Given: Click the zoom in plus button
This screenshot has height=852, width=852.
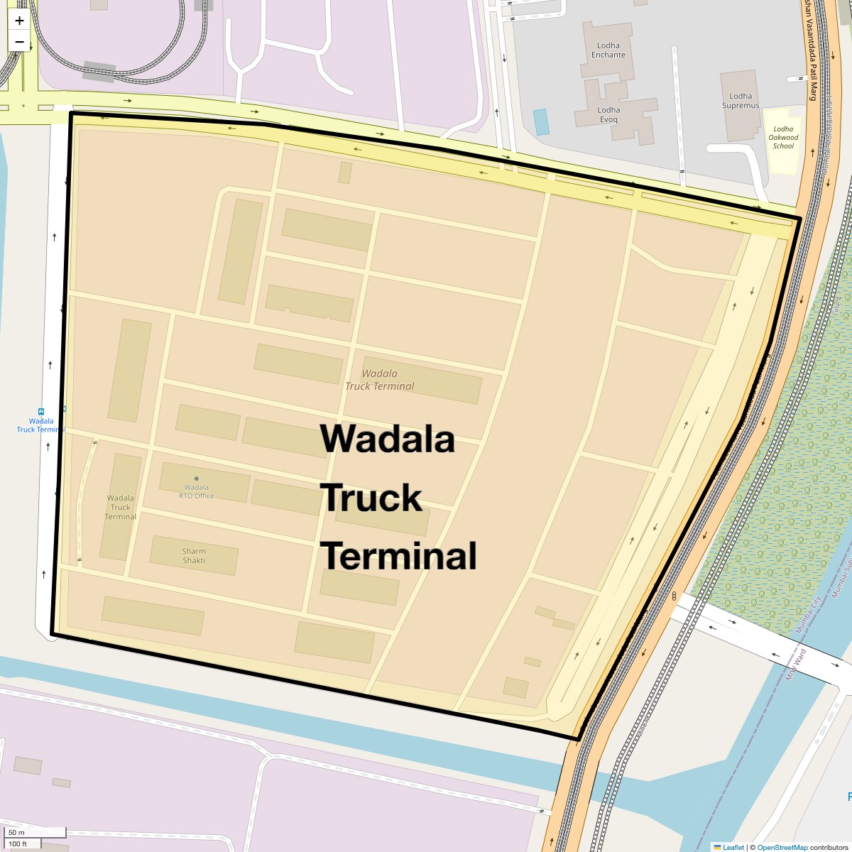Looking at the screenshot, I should (19, 21).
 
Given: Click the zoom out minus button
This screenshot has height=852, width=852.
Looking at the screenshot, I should (19, 42).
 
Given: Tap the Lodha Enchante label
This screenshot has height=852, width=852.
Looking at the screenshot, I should (608, 50).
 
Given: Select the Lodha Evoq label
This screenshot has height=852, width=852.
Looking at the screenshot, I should (608, 115).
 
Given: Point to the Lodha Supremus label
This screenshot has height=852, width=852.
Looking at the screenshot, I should (741, 101).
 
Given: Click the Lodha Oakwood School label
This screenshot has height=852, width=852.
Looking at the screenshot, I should (783, 138).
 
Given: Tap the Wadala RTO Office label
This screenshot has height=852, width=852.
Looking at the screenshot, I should (197, 491).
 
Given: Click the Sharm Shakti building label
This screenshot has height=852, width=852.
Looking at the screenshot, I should (194, 556).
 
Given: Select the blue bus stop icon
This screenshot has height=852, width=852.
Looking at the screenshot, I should (41, 412).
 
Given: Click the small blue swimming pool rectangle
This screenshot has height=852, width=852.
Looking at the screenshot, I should (541, 122).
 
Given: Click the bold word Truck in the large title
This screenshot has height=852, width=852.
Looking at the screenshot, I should (371, 498).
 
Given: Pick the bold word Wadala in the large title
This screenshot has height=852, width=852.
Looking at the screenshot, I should (388, 439).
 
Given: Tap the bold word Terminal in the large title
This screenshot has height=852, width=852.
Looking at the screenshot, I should (400, 556).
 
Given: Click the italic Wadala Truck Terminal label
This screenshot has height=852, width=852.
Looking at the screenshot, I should (379, 380).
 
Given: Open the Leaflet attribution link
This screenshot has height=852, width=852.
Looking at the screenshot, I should (733, 847).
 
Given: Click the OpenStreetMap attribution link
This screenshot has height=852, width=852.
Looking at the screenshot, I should (782, 847).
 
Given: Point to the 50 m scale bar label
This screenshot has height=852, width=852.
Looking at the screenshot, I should (16, 832).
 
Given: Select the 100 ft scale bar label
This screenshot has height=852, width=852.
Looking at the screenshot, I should (18, 843).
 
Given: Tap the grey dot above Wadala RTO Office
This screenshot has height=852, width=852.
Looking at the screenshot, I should (197, 479).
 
